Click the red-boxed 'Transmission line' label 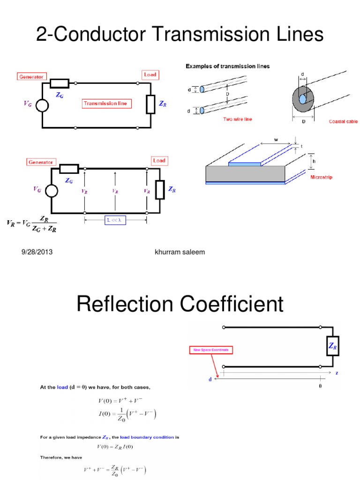pos(107,103)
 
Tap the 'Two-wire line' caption pos(237,120)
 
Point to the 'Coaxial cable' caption pos(343,121)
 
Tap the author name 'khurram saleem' pos(180,252)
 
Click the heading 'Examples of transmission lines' pos(228,67)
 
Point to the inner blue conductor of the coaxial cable pos(303,99)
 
